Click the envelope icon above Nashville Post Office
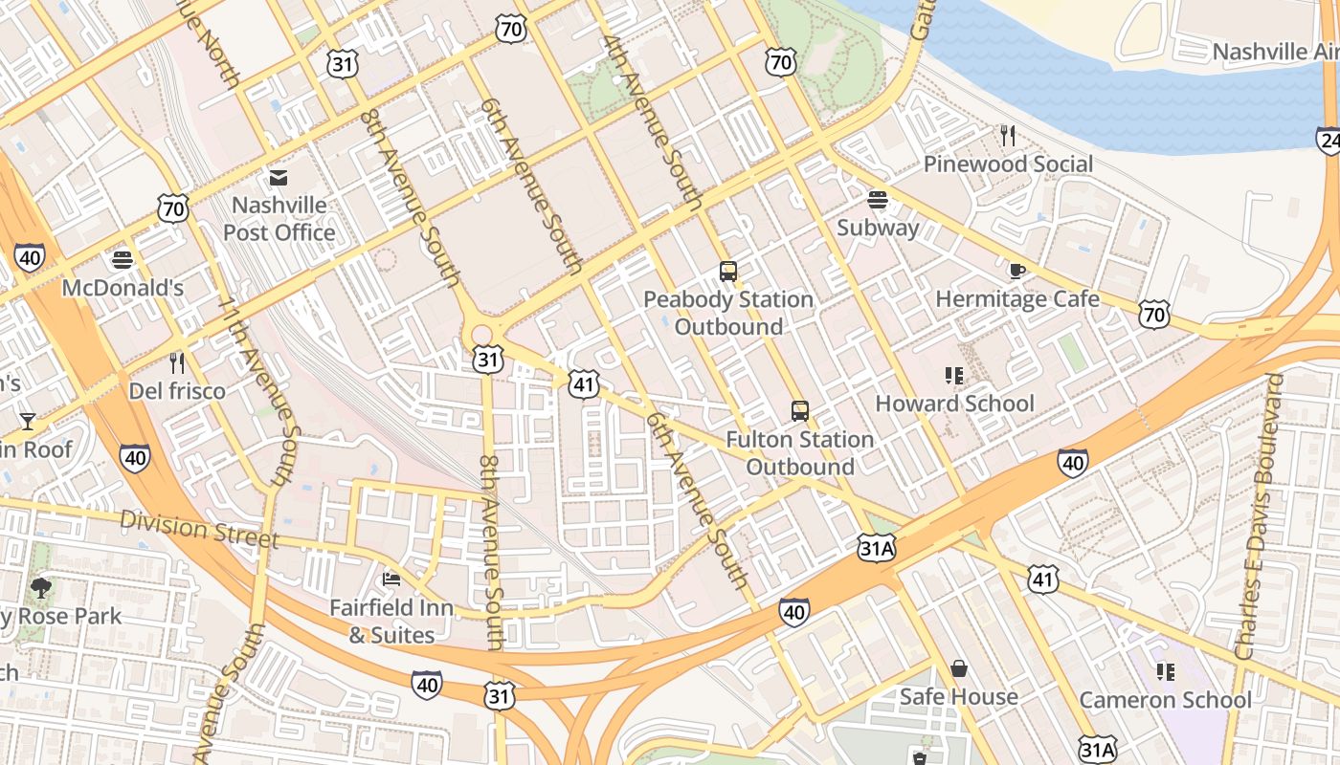pyautogui.click(x=279, y=178)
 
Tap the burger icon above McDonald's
pyautogui.click(x=123, y=260)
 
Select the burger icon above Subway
pyautogui.click(x=878, y=200)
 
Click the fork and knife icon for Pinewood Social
pyautogui.click(x=1007, y=136)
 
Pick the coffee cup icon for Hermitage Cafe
pyautogui.click(x=1017, y=272)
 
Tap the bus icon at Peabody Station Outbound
pyautogui.click(x=728, y=272)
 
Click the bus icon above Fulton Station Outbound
pyautogui.click(x=800, y=412)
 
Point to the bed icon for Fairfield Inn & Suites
pyautogui.click(x=391, y=579)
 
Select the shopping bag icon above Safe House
pyautogui.click(x=958, y=668)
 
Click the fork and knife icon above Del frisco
pyautogui.click(x=177, y=363)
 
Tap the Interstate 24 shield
pyautogui.click(x=1329, y=141)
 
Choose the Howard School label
pyautogui.click(x=954, y=404)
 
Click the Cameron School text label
pyautogui.click(x=1165, y=700)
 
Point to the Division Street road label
pyautogui.click(x=199, y=528)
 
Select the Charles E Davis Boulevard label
pyautogui.click(x=1259, y=516)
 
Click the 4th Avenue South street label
pyautogui.click(x=654, y=122)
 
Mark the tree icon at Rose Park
pyautogui.click(x=41, y=587)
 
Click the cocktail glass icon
pyautogui.click(x=27, y=422)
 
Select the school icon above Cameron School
pyautogui.click(x=1165, y=672)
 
